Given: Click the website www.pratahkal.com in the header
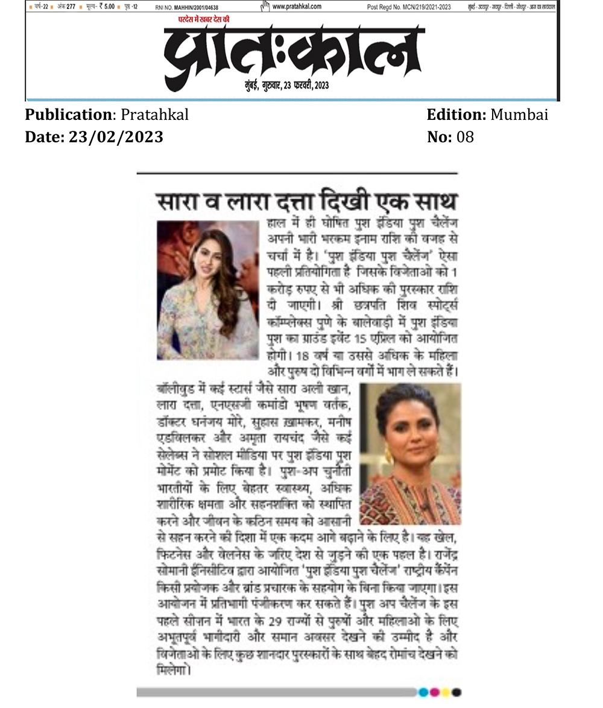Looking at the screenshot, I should click(x=297, y=7).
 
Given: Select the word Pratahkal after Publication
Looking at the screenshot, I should click(x=155, y=114).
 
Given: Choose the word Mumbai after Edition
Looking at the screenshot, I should click(x=520, y=114).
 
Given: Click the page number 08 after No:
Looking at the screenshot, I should click(x=466, y=137).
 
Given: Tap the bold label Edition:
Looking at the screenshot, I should click(x=456, y=114).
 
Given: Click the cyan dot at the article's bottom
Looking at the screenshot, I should click(x=424, y=692).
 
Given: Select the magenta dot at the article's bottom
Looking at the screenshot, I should click(x=435, y=692).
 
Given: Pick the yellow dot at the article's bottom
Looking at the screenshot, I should click(x=446, y=692).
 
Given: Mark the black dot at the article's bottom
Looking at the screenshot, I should click(x=456, y=692).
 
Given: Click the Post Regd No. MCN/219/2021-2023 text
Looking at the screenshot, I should click(x=409, y=7).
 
